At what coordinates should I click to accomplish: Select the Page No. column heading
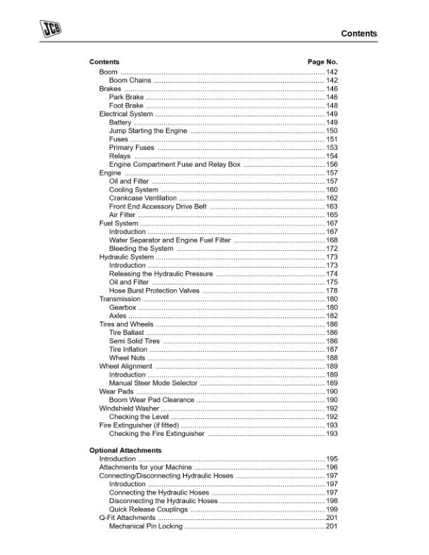[x=322, y=62]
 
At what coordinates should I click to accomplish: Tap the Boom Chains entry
[x=130, y=81]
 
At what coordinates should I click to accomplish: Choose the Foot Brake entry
[x=126, y=106]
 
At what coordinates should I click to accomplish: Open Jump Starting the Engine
[x=148, y=131]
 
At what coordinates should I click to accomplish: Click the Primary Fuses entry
[x=132, y=148]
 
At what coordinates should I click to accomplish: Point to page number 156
[x=332, y=165]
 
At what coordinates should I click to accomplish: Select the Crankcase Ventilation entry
[x=143, y=198]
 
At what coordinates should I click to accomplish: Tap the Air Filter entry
[x=122, y=215]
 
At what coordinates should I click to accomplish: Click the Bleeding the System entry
[x=141, y=249]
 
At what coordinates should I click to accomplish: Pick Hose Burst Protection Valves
[x=154, y=291]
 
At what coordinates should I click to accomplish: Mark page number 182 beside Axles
[x=332, y=316]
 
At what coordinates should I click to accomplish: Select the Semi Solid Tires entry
[x=135, y=341]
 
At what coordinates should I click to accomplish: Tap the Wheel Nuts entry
[x=127, y=358]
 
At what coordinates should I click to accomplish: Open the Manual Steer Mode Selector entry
[x=154, y=383]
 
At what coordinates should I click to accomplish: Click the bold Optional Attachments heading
[x=125, y=450]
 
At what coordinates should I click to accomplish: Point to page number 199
[x=332, y=509]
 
